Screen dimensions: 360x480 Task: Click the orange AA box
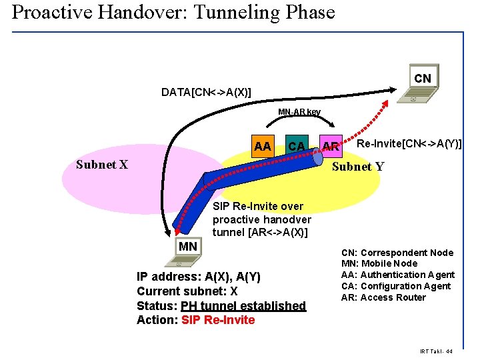pyautogui.click(x=263, y=145)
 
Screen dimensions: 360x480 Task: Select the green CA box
pyautogui.click(x=296, y=145)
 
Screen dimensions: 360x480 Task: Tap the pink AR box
pyautogui.click(x=330, y=145)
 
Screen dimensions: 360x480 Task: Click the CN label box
pyautogui.click(x=422, y=79)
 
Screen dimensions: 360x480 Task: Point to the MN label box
pyautogui.click(x=188, y=247)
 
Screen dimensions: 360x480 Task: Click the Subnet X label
pyautogui.click(x=102, y=165)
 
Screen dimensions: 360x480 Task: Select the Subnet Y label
pyautogui.click(x=358, y=167)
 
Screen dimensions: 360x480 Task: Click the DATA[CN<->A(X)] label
pyautogui.click(x=206, y=92)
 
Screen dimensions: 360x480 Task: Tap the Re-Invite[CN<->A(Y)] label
pyautogui.click(x=409, y=143)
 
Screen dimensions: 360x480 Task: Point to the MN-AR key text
pyautogui.click(x=299, y=112)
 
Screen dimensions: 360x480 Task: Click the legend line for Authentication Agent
pyautogui.click(x=397, y=275)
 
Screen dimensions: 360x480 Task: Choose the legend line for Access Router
pyautogui.click(x=383, y=297)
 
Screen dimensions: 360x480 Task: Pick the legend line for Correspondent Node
pyautogui.click(x=397, y=253)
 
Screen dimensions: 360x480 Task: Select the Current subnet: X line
pyautogui.click(x=187, y=291)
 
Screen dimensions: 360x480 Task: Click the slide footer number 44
pyautogui.click(x=449, y=351)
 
